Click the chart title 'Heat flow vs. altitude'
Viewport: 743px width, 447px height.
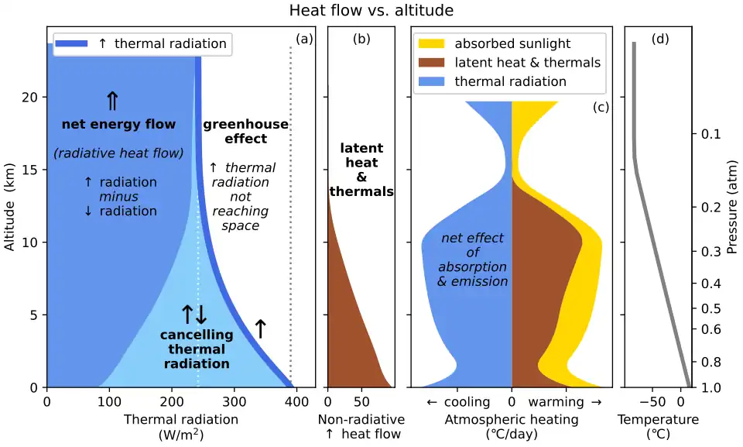point(371,11)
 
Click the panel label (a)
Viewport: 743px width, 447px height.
point(304,39)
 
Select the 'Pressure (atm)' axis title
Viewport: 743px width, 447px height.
point(733,207)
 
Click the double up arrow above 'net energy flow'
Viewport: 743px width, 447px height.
point(112,101)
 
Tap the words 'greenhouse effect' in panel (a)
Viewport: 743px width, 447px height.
point(245,132)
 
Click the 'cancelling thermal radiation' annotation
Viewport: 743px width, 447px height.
point(196,349)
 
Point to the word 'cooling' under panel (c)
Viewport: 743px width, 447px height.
point(467,402)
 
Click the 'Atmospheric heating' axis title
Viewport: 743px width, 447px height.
point(512,420)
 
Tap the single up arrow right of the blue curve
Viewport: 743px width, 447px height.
point(260,329)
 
